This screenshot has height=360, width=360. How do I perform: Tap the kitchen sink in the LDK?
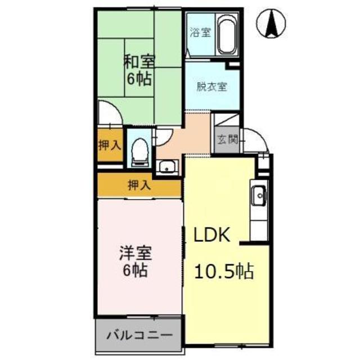259,196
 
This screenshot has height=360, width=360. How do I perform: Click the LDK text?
212,235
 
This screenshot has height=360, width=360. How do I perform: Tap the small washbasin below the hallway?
166,167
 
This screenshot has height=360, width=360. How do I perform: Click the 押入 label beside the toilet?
110,145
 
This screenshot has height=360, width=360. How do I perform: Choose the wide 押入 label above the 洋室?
138,185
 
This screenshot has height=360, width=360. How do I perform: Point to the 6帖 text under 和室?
139,78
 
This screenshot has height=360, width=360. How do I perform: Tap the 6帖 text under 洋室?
135,271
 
